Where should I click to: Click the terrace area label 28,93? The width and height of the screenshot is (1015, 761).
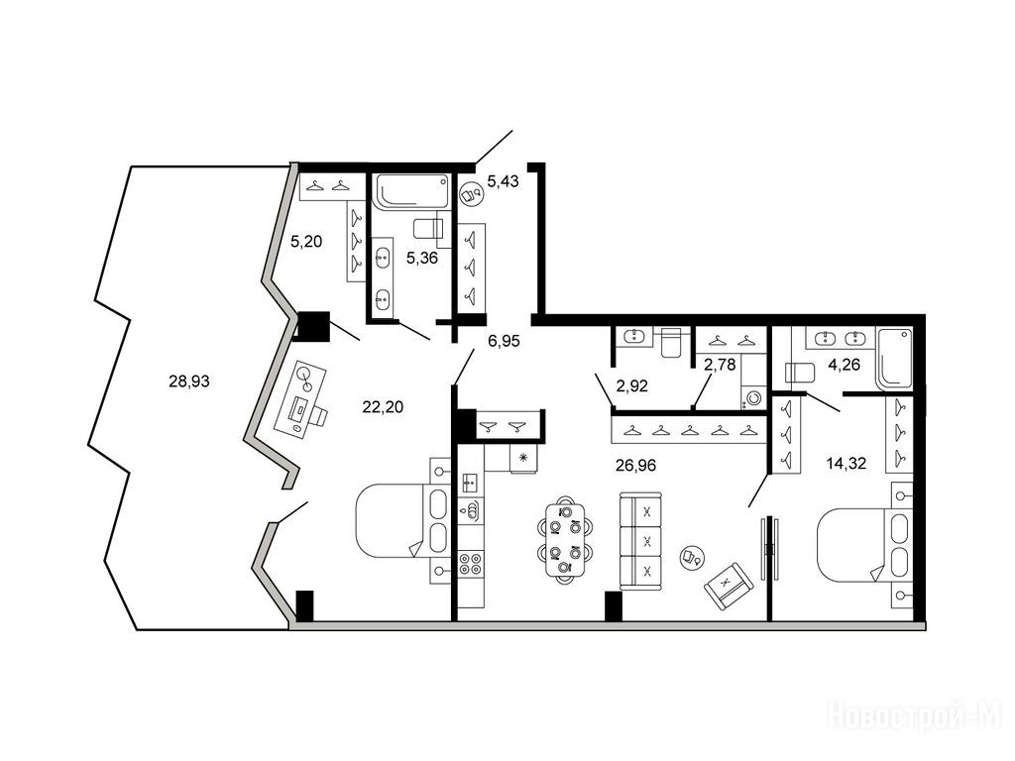point(189,381)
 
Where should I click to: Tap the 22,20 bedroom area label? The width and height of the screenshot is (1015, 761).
point(383,406)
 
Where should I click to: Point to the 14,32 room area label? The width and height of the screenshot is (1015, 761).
point(846,463)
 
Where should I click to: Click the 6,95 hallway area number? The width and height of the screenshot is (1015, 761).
point(504,341)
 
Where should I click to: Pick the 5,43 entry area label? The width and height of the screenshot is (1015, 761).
point(503,181)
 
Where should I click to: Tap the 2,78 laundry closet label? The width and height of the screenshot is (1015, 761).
point(720,365)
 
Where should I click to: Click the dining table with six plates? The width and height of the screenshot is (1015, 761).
point(565,540)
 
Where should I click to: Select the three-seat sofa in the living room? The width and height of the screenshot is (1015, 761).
point(641,541)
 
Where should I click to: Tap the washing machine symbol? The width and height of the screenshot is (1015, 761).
point(753,398)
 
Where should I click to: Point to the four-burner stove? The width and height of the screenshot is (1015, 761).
point(471,563)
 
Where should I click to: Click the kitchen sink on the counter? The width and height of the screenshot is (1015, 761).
point(471,483)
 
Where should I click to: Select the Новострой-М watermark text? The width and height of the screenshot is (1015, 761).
point(915,716)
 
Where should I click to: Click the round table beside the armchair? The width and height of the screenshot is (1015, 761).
point(692,556)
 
